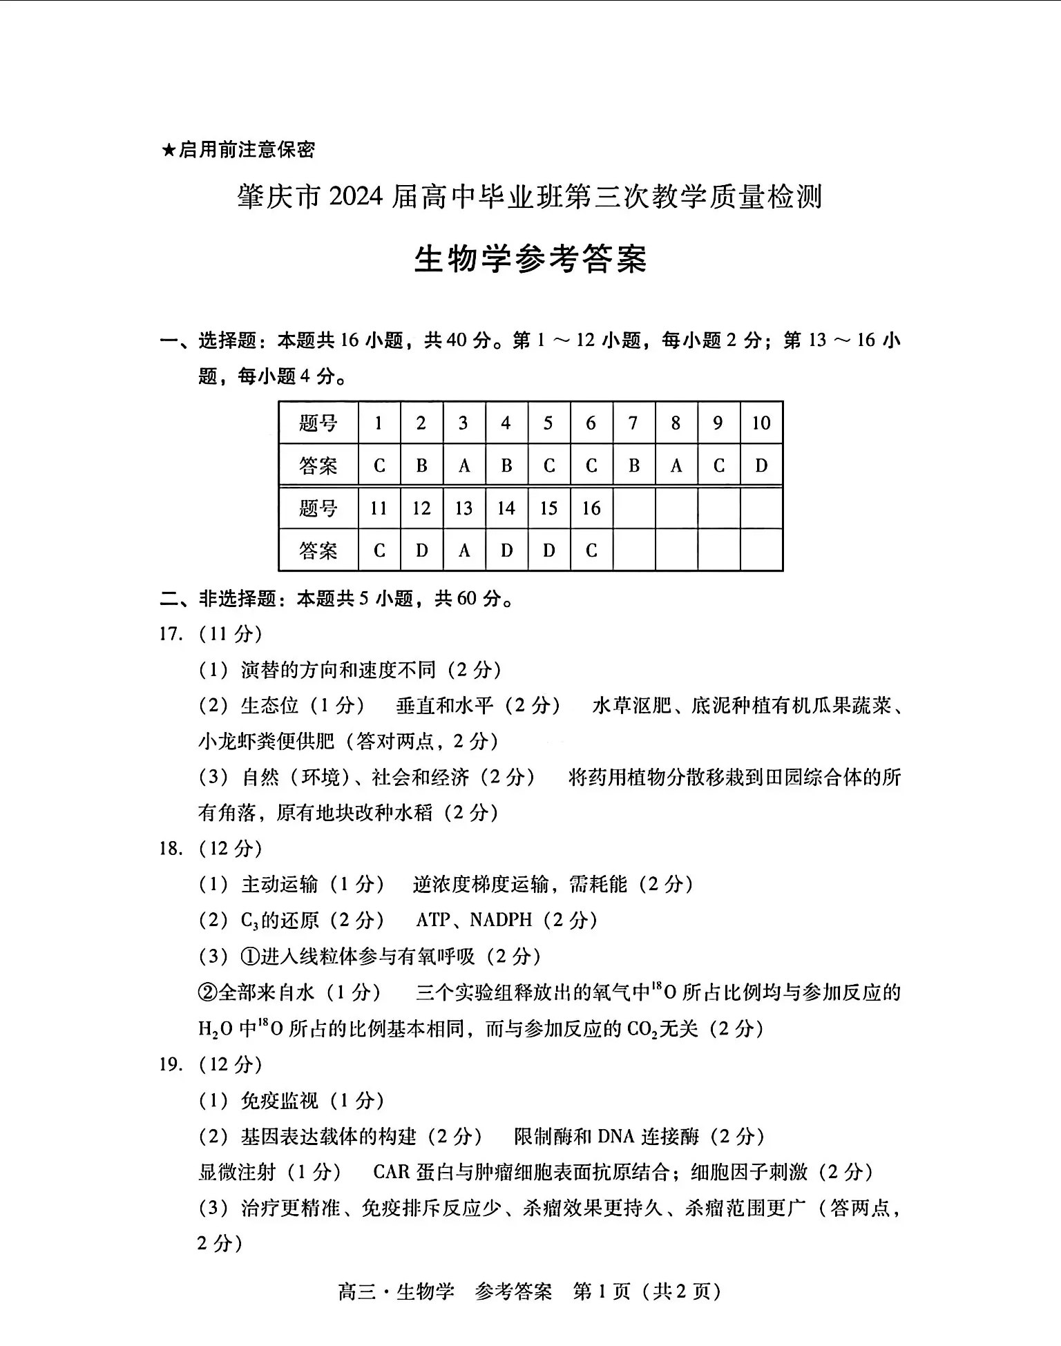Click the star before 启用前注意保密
tap(169, 150)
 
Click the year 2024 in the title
tap(356, 198)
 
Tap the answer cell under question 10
tap(761, 465)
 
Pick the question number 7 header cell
tap(633, 423)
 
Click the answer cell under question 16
tap(591, 550)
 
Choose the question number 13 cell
tap(463, 508)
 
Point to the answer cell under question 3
tap(463, 465)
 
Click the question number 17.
tap(171, 633)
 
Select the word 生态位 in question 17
tap(269, 705)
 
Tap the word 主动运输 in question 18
tap(280, 884)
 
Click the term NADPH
tap(501, 920)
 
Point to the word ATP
tap(433, 920)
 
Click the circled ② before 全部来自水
tap(208, 992)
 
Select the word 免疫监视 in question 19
tap(280, 1100)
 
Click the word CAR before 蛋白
tap(391, 1172)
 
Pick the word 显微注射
tap(237, 1172)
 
